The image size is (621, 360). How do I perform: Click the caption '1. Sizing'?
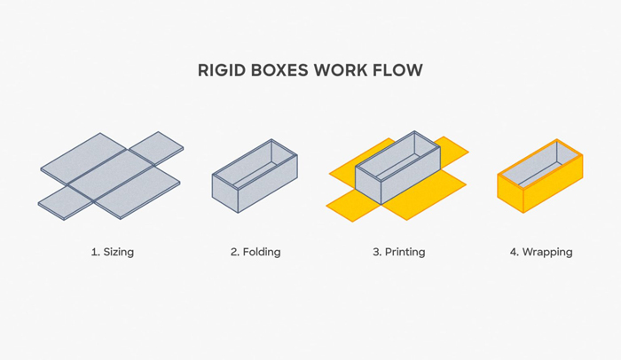(x=112, y=252)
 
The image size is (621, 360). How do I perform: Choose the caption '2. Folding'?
(x=255, y=252)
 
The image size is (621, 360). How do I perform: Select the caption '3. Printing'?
(x=398, y=252)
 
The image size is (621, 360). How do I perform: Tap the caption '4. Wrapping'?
(x=541, y=252)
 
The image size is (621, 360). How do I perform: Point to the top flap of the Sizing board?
(x=156, y=145)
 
